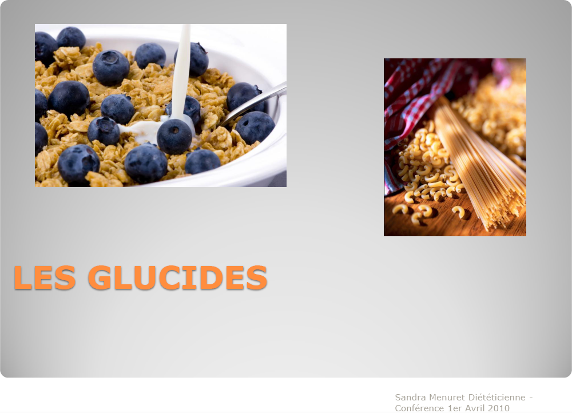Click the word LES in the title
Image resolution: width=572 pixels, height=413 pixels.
(x=45, y=277)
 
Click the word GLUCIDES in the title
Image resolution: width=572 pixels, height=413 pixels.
(x=178, y=277)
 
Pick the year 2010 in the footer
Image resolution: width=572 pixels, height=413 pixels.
(x=498, y=408)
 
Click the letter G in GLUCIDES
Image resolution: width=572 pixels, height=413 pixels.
(x=100, y=277)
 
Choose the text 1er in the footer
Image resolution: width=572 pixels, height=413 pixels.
(x=454, y=408)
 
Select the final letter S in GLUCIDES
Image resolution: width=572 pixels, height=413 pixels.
(x=257, y=277)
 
